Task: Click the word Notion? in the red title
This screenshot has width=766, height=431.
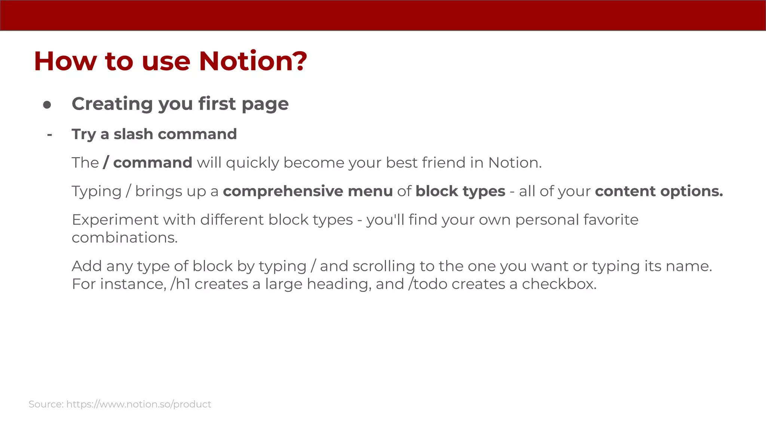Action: coord(253,61)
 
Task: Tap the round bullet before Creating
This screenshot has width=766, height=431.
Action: coord(47,105)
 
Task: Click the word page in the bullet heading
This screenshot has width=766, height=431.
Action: coord(265,104)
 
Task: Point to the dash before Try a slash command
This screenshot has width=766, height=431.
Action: coord(49,134)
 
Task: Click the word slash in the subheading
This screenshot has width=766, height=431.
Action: coord(133,134)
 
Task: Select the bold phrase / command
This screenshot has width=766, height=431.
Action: coord(148,163)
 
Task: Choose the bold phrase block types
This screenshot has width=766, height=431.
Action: coord(460,192)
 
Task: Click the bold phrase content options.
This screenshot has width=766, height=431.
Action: coord(659,192)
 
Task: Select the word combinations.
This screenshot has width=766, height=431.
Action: coord(125,238)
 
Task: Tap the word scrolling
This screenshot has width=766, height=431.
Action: coord(383,266)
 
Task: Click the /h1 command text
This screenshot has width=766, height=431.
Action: coord(180,284)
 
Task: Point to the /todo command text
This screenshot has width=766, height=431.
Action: coord(428,284)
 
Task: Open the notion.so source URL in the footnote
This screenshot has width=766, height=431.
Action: coord(139,404)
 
